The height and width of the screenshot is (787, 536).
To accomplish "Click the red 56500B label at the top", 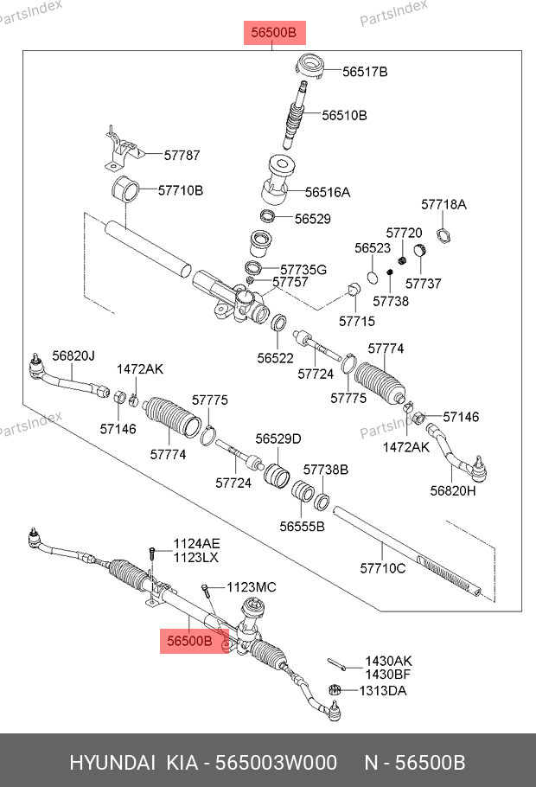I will click(273, 34).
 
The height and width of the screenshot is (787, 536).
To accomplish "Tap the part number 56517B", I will click(365, 72).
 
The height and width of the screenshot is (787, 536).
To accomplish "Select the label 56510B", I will click(344, 115).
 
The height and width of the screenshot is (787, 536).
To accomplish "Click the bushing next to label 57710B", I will click(124, 189).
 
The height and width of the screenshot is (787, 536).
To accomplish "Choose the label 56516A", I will click(328, 193).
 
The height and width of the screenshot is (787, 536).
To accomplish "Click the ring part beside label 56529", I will click(269, 216).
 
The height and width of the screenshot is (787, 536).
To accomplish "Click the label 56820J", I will click(73, 355).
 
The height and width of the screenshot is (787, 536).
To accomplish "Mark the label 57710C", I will click(382, 568).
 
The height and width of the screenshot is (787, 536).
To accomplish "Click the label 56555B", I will click(302, 526).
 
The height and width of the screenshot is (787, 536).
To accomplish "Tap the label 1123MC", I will click(252, 587).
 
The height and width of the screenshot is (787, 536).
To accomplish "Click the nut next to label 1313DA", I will click(335, 690).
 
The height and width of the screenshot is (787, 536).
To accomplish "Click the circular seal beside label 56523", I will click(371, 276).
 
